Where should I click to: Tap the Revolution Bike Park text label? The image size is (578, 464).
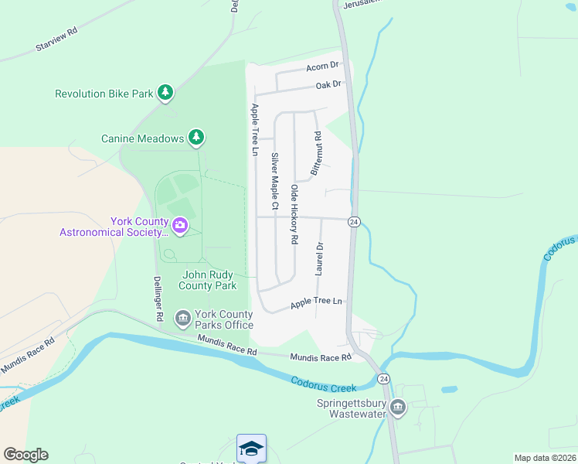104,94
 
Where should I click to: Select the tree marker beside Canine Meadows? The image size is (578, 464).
197,138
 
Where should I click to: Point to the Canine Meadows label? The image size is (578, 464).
143,138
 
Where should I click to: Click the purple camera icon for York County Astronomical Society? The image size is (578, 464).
180,226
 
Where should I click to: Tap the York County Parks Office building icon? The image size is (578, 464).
183,317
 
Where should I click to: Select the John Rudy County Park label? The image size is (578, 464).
208,280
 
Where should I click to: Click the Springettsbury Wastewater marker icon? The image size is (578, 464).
397,408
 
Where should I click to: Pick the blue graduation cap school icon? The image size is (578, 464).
252,449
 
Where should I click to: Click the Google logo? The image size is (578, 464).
25,455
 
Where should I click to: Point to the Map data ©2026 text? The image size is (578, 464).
545,458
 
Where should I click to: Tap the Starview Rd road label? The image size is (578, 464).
57,42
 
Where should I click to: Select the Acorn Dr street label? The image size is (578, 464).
322,67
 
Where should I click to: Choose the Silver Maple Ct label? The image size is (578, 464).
274,182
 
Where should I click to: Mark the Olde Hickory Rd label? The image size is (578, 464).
294,214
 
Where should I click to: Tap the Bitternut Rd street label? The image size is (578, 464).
316,152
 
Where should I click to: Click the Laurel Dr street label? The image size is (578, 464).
319,259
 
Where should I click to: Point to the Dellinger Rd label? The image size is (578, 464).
157,299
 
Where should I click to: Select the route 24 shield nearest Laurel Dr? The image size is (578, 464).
354,222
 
